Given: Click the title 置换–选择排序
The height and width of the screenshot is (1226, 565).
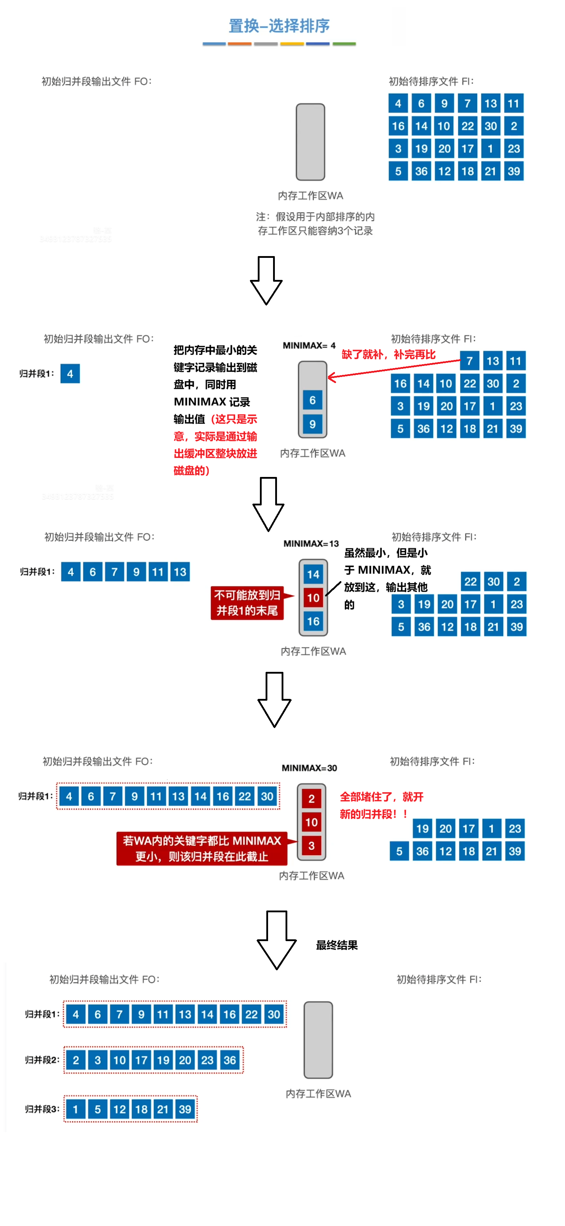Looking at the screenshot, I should [x=279, y=26].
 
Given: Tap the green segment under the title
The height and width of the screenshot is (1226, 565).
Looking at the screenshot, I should [x=344, y=44].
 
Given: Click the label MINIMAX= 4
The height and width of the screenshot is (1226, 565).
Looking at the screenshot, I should [x=309, y=345].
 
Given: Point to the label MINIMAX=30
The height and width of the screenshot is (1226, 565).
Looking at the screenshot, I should [x=309, y=768].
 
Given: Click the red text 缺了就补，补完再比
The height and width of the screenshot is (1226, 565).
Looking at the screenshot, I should [x=388, y=355].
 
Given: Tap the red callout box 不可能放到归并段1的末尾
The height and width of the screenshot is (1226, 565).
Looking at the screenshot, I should [x=247, y=603].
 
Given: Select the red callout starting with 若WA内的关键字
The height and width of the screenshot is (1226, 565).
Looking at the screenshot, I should [x=202, y=849].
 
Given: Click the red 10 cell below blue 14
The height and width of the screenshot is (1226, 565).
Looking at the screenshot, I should [x=313, y=598].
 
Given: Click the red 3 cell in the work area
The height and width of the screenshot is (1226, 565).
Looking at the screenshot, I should [x=312, y=846].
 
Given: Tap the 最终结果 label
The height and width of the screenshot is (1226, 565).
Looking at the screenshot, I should [x=337, y=945].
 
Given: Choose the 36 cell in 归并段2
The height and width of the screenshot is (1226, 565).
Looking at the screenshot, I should [x=230, y=1060].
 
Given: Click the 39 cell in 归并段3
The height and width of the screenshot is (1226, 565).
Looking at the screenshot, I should [x=185, y=1109].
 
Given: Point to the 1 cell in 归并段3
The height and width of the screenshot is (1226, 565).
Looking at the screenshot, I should [x=75, y=1109].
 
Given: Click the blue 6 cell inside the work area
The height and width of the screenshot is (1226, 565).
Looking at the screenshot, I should [x=313, y=400].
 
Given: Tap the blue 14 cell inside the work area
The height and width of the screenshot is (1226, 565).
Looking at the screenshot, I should [x=313, y=574].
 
